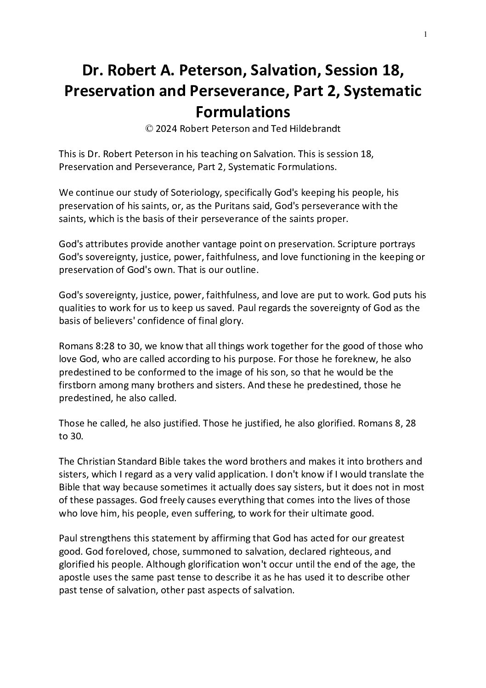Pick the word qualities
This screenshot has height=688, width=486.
(78, 308)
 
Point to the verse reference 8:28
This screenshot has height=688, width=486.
(102, 346)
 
